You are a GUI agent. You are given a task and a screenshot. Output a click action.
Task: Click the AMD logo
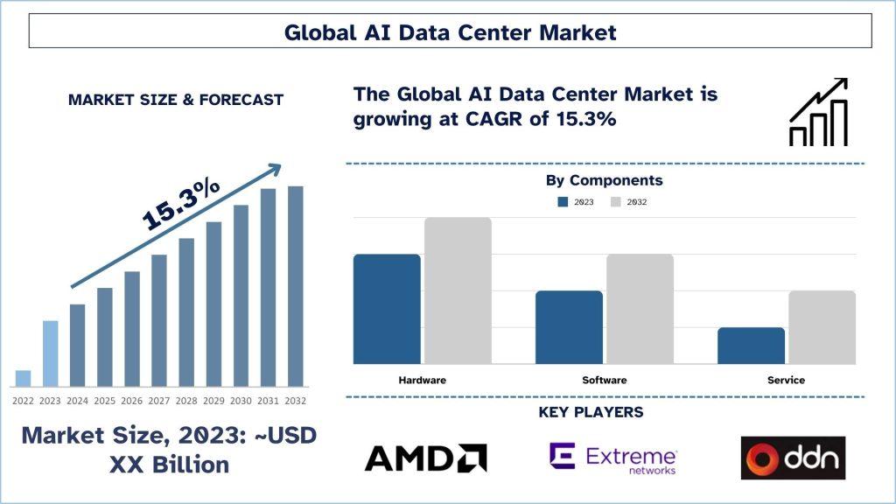[425, 458]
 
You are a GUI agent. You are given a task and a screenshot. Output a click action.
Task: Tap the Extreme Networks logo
[612, 458]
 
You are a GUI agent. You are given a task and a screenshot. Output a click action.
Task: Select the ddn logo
[793, 458]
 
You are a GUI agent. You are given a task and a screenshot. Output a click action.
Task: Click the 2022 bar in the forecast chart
[23, 378]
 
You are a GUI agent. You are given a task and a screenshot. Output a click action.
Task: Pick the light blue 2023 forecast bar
[50, 353]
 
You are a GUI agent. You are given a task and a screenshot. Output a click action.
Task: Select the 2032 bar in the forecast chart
[295, 286]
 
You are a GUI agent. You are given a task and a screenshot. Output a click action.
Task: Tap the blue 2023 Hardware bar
[387, 309]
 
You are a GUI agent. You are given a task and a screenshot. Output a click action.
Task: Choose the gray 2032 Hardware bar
[458, 290]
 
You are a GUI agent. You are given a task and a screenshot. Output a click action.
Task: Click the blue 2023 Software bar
[569, 327]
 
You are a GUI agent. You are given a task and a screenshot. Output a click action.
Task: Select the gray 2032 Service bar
[822, 327]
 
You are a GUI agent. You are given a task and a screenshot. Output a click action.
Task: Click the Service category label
[786, 381]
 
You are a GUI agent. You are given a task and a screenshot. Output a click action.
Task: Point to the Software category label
[604, 381]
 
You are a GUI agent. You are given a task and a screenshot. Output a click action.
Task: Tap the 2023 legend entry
[577, 202]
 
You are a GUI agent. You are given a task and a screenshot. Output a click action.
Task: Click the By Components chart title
[604, 181]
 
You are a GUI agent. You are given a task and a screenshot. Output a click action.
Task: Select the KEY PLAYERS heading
[604, 412]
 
